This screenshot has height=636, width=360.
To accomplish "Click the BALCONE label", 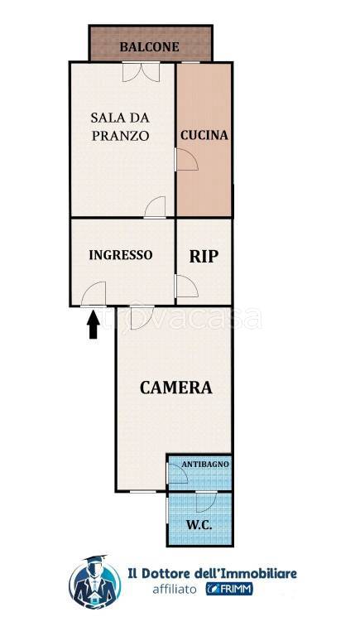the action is (x=149, y=46).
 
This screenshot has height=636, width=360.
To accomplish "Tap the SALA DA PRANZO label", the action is (x=120, y=127).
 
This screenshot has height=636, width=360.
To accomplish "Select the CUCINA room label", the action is (x=204, y=135).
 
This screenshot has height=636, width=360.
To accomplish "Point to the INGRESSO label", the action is (x=121, y=255).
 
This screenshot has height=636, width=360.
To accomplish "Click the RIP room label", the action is (x=204, y=257).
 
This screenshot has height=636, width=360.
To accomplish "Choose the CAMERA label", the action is (x=176, y=388).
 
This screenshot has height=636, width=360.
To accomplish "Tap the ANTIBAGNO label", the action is (x=205, y=464).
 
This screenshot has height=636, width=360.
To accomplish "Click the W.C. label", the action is (x=199, y=525).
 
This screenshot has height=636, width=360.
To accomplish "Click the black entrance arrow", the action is (x=94, y=324).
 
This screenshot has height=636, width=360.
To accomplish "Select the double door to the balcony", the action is (x=141, y=72).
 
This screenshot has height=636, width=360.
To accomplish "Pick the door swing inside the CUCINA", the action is (x=186, y=159).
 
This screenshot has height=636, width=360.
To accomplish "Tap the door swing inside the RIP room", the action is (x=186, y=287).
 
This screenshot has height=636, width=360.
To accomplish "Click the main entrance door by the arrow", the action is (x=94, y=294).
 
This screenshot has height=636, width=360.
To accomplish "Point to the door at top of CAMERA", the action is (x=142, y=317).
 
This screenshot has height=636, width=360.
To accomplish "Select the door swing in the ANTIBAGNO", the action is (x=177, y=473).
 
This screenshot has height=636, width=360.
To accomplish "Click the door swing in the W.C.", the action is (x=207, y=501).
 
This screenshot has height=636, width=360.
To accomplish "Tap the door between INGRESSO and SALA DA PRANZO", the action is (x=155, y=207).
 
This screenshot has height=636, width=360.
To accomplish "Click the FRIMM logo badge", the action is (x=229, y=589).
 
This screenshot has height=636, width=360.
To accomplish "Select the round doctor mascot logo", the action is (x=95, y=582).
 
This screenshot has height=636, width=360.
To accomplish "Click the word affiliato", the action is (x=175, y=589).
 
